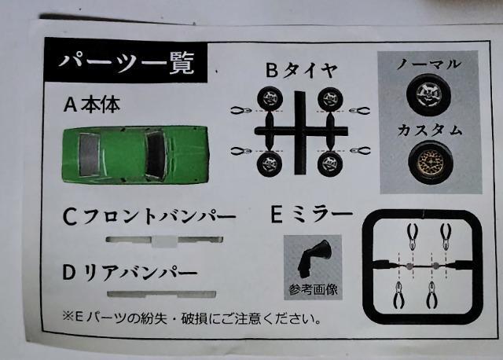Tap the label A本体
[92, 105]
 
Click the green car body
[135, 155]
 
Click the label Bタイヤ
[302, 70]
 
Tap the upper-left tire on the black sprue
[270, 98]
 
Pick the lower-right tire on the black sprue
[330, 163]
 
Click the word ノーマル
[429, 64]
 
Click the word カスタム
[430, 130]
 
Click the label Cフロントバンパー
[149, 217]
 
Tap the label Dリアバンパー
[130, 274]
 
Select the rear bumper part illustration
[162, 294]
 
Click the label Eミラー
[312, 215]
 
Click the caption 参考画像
[314, 290]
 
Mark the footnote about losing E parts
[192, 318]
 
